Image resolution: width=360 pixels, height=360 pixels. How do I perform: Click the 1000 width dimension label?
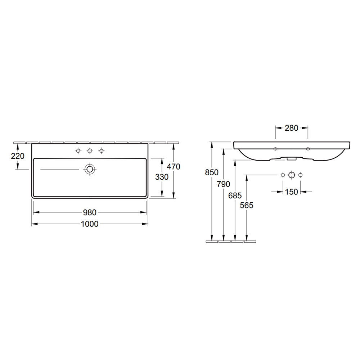click(x=90, y=224)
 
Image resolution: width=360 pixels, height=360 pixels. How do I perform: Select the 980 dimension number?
click(x=90, y=213)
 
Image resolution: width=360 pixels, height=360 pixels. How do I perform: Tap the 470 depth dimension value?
click(x=174, y=167)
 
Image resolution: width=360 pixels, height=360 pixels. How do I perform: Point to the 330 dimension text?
click(x=162, y=177)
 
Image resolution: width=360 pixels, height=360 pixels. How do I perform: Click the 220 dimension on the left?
click(x=18, y=156)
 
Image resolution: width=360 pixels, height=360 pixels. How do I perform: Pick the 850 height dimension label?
click(x=212, y=172)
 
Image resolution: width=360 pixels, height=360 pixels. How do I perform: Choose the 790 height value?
click(x=224, y=184)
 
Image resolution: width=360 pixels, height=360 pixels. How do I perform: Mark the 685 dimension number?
click(x=235, y=195)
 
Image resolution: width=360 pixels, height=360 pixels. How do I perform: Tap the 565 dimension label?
click(x=247, y=206)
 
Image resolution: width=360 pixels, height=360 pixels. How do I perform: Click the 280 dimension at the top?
click(x=292, y=128)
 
